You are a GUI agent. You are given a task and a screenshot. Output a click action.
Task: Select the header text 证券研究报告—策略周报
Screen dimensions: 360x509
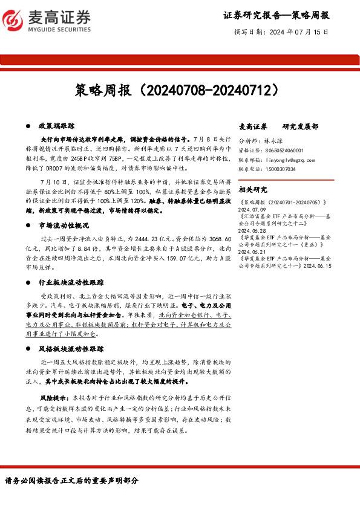click(275, 16)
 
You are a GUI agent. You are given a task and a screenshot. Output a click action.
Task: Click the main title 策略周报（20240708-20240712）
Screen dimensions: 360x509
click(180, 91)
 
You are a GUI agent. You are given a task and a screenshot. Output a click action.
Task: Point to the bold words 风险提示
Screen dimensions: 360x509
click(53, 398)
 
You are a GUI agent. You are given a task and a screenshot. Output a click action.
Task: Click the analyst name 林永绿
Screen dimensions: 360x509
click(273, 140)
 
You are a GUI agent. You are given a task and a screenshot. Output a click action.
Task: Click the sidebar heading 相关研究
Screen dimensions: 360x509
click(252, 189)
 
